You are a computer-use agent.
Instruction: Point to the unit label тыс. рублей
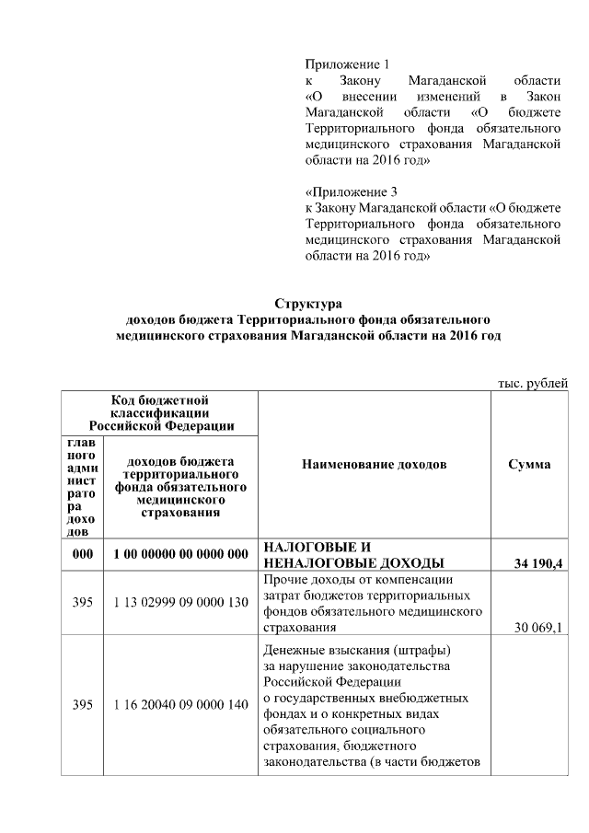click(x=526, y=383)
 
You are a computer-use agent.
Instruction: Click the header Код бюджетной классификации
click(x=160, y=412)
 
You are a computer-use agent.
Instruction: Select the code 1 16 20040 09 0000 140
click(x=181, y=704)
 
